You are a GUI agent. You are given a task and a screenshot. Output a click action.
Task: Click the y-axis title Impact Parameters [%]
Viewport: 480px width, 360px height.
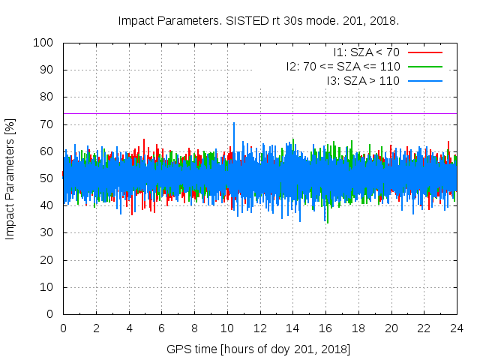(x=10, y=178)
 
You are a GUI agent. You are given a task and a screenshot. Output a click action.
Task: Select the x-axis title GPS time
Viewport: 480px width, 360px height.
(x=259, y=349)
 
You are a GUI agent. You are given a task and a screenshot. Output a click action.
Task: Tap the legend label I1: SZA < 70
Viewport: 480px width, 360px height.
(x=366, y=52)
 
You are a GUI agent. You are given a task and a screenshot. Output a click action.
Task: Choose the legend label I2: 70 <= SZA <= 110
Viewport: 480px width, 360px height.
(x=343, y=66)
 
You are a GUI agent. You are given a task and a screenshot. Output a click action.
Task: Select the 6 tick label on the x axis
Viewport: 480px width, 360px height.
(x=161, y=328)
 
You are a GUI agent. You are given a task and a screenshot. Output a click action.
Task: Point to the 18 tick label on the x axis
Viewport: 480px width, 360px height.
(x=358, y=328)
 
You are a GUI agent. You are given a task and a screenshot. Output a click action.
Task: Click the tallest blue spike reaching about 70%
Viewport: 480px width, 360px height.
(x=234, y=124)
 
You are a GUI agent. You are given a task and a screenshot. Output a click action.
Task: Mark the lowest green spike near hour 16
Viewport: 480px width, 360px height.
(x=327, y=220)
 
